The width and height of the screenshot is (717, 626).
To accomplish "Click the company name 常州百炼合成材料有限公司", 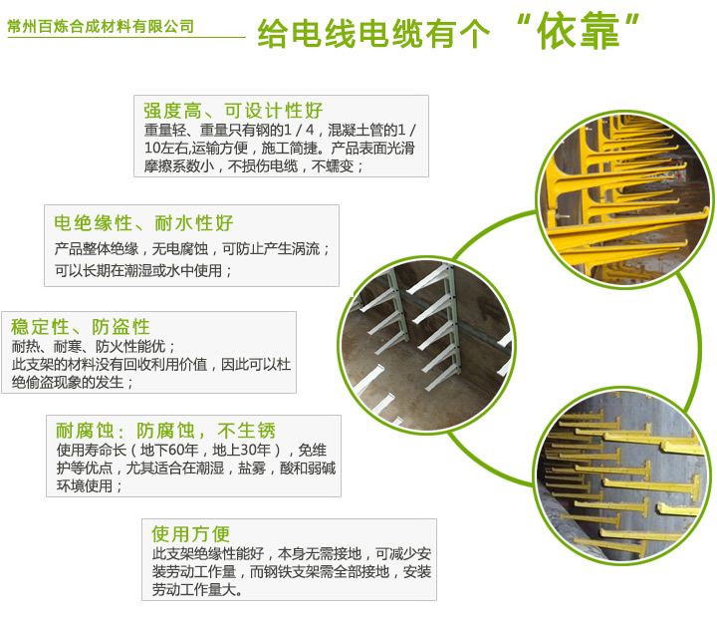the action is [101, 26].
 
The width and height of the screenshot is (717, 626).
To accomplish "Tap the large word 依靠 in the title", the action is [579, 31].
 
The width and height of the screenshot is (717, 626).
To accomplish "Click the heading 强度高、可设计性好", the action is [233, 111].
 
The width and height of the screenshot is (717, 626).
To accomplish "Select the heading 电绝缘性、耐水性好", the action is [143, 223].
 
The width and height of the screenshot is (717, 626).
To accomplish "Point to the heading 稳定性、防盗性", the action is [81, 327].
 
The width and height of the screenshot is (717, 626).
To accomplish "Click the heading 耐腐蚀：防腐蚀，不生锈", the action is [165, 431].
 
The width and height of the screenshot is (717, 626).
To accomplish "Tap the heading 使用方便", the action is [190, 533].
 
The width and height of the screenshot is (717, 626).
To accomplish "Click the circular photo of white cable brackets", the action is [426, 346].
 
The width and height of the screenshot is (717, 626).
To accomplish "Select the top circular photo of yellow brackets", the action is [624, 199].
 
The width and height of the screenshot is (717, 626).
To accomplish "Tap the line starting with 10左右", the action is [280, 148].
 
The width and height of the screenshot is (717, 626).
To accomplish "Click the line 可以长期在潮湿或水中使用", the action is [143, 270].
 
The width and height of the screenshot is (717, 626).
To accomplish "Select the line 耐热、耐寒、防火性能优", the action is [94, 346].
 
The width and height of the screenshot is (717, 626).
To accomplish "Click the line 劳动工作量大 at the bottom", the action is [197, 589].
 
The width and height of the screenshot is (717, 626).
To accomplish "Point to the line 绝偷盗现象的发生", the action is [73, 382].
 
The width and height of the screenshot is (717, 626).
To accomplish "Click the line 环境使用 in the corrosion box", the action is [90, 485].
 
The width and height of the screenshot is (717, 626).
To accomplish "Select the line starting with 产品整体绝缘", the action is [192, 249].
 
